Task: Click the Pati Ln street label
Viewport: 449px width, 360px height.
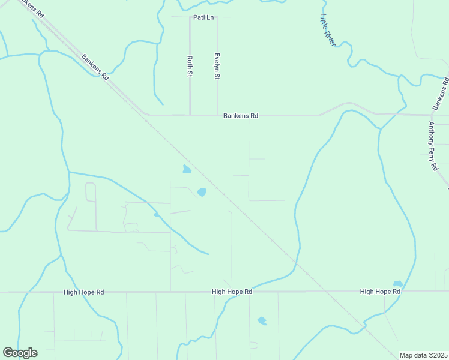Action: coord(203,17)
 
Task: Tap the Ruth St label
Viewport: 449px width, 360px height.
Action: coord(190,66)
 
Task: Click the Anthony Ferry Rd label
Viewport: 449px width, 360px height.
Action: coord(433,146)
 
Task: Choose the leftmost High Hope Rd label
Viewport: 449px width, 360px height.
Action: coord(83,292)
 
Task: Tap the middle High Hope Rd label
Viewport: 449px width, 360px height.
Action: coord(232,292)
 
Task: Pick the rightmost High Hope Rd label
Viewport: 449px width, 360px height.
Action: coord(380,292)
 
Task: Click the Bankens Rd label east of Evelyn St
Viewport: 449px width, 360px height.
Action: coord(241,115)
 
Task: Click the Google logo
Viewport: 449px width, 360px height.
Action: coord(20,353)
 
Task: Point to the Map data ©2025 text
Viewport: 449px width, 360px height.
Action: coord(424,355)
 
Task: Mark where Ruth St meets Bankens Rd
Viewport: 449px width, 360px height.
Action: coord(190,115)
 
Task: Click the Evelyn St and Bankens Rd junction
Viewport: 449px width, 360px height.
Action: coord(217,115)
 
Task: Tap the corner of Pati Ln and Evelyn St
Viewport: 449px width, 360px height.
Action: coord(217,17)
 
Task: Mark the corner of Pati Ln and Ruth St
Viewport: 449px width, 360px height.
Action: coord(190,17)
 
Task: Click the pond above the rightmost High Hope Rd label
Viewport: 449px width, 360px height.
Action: coord(397,283)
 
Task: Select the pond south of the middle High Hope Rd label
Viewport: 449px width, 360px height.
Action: coord(262,321)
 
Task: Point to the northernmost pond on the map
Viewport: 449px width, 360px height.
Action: coord(187,169)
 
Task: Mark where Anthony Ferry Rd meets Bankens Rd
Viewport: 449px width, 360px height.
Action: coord(432,114)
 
